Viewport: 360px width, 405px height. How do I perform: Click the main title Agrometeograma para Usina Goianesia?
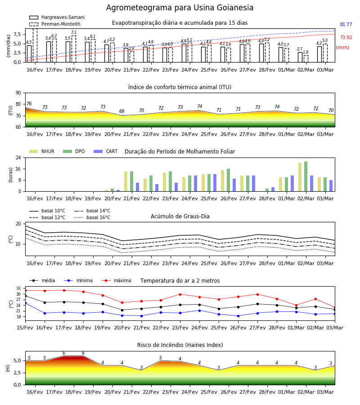(180, 8)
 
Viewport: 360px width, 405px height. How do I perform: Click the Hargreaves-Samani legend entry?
(57, 17)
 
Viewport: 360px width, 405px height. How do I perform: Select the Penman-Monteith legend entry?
(55, 24)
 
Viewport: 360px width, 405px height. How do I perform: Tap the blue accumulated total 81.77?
(346, 25)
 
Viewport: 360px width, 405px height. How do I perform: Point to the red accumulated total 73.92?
(346, 37)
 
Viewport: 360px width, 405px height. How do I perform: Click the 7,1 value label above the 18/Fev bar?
(74, 32)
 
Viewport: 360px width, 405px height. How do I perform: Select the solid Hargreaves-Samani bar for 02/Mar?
(300, 57)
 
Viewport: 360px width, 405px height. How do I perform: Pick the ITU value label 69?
(121, 111)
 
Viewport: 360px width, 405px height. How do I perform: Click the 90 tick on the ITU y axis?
(18, 93)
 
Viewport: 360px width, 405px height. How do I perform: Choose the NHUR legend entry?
(42, 151)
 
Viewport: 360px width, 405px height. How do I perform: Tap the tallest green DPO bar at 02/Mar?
(306, 177)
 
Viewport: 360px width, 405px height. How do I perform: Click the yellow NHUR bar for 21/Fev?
(126, 182)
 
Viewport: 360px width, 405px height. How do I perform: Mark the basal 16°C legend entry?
(92, 218)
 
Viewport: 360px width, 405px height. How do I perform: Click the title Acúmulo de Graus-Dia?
(180, 216)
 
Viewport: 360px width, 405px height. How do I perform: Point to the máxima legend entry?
(116, 280)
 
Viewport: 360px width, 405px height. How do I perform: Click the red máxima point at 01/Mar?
(296, 305)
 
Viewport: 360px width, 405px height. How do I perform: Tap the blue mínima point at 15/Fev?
(25, 303)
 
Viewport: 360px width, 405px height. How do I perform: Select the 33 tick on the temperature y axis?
(18, 288)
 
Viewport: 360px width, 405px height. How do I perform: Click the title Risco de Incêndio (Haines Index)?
(180, 345)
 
